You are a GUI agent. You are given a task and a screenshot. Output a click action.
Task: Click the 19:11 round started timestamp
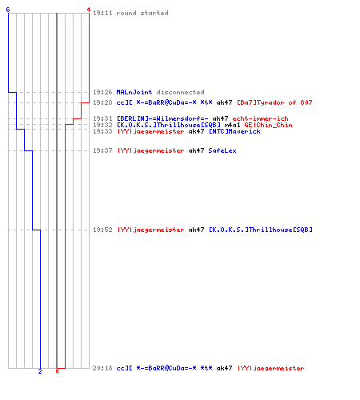(102, 13)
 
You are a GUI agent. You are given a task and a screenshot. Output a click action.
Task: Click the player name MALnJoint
(134, 92)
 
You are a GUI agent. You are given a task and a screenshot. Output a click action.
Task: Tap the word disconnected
(180, 92)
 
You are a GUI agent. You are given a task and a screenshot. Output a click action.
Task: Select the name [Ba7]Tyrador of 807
(274, 102)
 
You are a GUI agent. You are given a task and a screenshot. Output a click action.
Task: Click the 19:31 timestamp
(102, 118)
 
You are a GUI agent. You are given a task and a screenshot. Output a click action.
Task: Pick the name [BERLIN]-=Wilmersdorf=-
(162, 118)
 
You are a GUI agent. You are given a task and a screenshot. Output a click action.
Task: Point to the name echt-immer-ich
(260, 118)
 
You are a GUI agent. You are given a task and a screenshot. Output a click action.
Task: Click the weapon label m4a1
(232, 125)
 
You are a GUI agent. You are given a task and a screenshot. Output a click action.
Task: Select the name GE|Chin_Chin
(268, 125)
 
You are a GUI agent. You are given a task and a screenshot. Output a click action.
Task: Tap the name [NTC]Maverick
(234, 131)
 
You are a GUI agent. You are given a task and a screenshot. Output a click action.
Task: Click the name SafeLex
(222, 150)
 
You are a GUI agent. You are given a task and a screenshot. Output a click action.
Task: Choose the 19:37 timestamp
(102, 150)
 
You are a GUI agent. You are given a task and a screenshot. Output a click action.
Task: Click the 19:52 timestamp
(102, 230)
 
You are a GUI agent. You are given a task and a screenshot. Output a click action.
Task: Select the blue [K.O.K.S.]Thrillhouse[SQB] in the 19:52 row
(261, 230)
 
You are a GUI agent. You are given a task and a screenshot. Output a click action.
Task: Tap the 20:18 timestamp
(102, 368)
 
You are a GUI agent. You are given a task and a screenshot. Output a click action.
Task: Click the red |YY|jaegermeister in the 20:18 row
(270, 368)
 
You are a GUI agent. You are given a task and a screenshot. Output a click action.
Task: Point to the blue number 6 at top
(8, 10)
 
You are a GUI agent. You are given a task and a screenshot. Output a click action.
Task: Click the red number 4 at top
(89, 10)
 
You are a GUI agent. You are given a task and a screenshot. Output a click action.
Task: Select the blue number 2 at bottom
(40, 371)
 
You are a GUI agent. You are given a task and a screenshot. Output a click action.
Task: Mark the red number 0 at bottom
(57, 371)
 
